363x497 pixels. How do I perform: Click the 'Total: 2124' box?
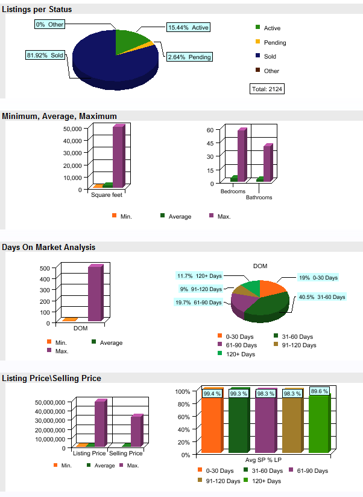267,89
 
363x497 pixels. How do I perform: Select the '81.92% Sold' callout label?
45,55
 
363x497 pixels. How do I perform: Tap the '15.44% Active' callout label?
188,28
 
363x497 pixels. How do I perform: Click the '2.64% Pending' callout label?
189,57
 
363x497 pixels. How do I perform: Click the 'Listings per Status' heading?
37,9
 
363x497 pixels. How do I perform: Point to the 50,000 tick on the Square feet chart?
72,129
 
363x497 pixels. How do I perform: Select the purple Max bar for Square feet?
118,156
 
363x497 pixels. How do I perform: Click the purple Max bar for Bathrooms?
268,162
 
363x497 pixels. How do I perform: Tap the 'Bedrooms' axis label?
233,191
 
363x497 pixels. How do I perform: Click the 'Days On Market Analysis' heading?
48,247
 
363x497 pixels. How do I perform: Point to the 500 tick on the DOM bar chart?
44,268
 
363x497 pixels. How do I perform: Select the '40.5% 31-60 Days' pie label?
322,297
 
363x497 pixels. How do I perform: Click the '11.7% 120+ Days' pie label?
199,276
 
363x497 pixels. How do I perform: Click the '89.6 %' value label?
319,391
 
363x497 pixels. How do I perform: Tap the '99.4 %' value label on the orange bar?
212,394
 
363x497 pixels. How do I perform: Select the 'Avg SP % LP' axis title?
261,461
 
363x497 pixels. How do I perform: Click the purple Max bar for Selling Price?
137,430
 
